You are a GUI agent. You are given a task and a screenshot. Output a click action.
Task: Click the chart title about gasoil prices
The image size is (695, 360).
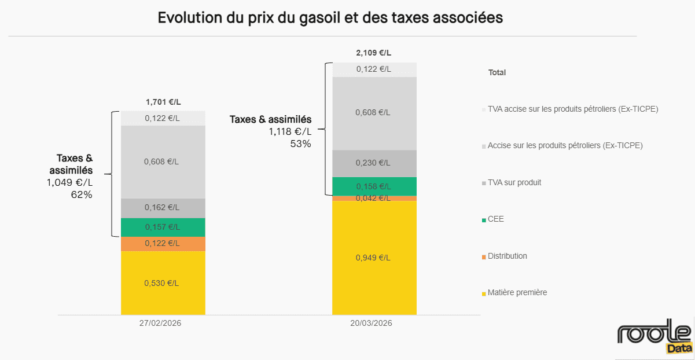330,18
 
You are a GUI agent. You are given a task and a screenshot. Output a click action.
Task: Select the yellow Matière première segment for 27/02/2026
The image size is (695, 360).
163,283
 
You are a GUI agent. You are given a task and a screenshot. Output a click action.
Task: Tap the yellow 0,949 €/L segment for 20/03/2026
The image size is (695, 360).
374,258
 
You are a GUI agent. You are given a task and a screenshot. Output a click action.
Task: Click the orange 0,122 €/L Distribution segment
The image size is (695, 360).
163,244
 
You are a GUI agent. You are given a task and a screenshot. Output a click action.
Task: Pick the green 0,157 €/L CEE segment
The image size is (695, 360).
163,227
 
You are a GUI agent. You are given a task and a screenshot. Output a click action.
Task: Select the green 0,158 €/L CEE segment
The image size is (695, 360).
374,186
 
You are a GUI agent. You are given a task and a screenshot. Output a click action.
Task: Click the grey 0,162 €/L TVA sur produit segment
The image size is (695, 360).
163,208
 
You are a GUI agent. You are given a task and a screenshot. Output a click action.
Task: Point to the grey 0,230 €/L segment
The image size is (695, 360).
374,163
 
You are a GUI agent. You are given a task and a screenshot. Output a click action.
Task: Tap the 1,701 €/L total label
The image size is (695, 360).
163,102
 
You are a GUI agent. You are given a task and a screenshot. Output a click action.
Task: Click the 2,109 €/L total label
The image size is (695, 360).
374,53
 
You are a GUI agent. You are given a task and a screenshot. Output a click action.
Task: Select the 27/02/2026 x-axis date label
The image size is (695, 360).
160,324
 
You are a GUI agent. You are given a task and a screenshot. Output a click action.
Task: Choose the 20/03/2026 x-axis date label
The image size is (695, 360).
371,324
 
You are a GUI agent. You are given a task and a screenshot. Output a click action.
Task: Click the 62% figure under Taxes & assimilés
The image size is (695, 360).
82,194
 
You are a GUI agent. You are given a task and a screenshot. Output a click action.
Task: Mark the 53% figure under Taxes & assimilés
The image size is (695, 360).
300,144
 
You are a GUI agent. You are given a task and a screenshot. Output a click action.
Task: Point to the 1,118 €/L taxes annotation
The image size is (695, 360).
290,132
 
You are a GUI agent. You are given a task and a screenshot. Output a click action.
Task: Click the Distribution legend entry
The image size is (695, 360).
507,256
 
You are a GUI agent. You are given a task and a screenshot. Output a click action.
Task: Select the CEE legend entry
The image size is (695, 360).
496,219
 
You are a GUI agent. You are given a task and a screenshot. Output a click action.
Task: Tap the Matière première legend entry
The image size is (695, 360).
517,293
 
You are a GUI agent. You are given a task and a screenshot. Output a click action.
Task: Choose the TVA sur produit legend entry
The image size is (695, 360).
514,182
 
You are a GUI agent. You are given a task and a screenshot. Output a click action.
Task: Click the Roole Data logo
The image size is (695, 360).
654,337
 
